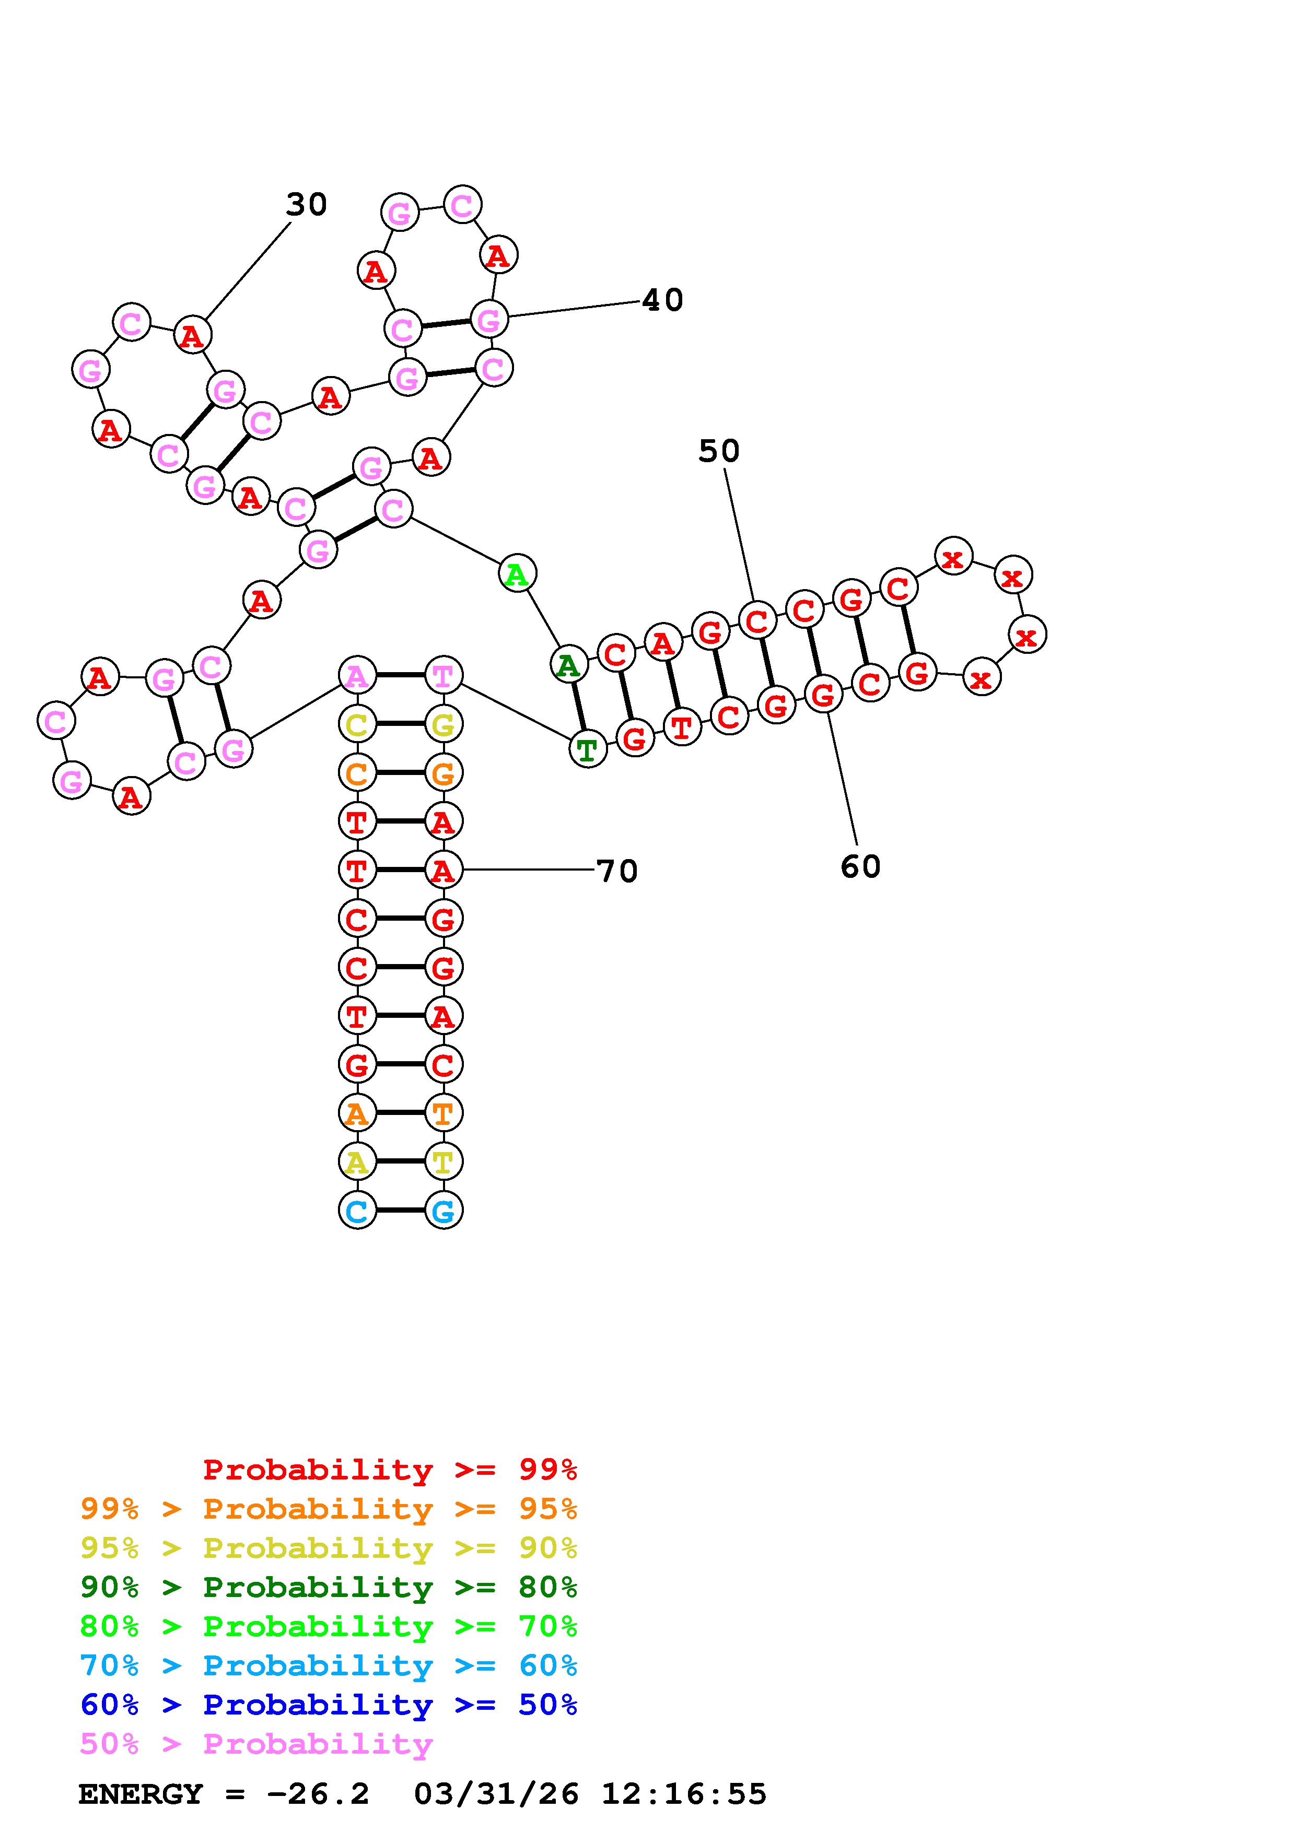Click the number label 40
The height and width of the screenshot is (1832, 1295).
tap(662, 301)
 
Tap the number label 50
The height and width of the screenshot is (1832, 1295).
tap(719, 452)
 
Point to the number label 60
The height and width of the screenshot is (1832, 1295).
tap(860, 866)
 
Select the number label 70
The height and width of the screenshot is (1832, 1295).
tap(617, 871)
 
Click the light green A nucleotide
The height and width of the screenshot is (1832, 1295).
tap(517, 574)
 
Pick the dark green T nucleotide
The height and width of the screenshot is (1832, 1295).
tap(587, 750)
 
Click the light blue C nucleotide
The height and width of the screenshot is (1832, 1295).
tap(357, 1211)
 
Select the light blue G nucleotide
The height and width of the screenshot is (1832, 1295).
tap(444, 1211)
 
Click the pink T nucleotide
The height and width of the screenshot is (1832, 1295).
tap(443, 676)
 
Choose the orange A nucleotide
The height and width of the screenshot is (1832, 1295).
tap(357, 1113)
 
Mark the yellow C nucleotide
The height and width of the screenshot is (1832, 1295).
tap(357, 724)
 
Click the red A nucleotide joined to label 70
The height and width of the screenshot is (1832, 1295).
tap(443, 871)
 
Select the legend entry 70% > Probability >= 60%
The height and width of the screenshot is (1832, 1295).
tap(329, 1665)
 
